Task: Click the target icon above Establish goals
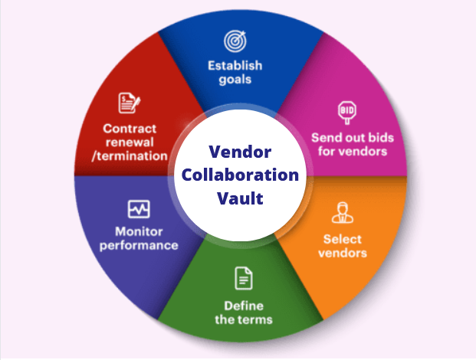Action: pyautogui.click(x=235, y=41)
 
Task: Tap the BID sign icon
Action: pyautogui.click(x=347, y=113)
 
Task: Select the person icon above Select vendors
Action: pyautogui.click(x=343, y=213)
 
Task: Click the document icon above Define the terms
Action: pyautogui.click(x=244, y=278)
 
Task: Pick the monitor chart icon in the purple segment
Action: pyautogui.click(x=139, y=209)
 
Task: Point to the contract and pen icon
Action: pyautogui.click(x=130, y=103)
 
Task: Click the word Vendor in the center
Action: pyautogui.click(x=240, y=152)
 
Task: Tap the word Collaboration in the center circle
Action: pyautogui.click(x=240, y=175)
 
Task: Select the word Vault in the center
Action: pyautogui.click(x=240, y=198)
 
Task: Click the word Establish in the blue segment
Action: pyautogui.click(x=235, y=66)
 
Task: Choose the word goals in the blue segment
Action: pyautogui.click(x=235, y=80)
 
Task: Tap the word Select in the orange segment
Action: pyautogui.click(x=343, y=239)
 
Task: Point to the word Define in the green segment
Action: pyautogui.click(x=244, y=306)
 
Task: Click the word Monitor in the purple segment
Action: pyautogui.click(x=139, y=232)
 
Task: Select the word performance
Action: pyautogui.click(x=139, y=246)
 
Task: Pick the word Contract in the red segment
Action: pyautogui.click(x=130, y=129)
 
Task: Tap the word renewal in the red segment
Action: pyautogui.click(x=130, y=142)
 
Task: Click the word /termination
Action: pyautogui.click(x=130, y=156)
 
